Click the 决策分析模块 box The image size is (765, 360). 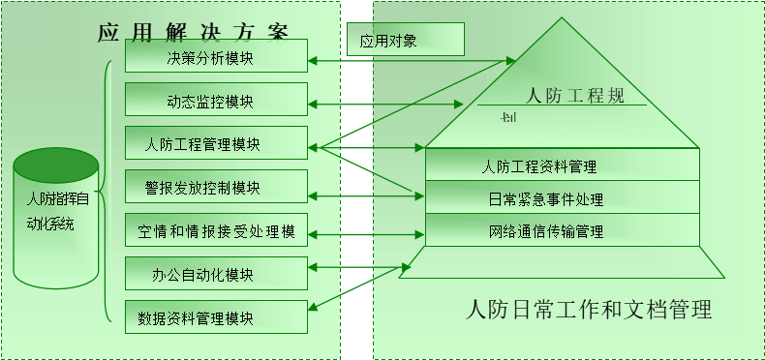[216, 56]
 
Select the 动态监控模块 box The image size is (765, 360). [216, 102]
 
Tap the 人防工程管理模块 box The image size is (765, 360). [216, 146]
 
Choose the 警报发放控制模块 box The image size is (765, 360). [216, 188]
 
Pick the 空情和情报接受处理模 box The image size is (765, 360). [216, 231]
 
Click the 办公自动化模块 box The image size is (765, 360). [216, 275]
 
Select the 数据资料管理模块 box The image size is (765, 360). [216, 317]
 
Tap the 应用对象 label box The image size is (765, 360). [405, 41]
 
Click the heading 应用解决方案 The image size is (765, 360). [193, 30]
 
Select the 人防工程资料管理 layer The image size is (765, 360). [563, 165]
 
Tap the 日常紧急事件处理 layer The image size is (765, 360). [563, 198]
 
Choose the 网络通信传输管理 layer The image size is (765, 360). [563, 231]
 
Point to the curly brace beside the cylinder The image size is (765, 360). [107, 194]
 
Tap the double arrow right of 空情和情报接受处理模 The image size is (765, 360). [366, 233]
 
